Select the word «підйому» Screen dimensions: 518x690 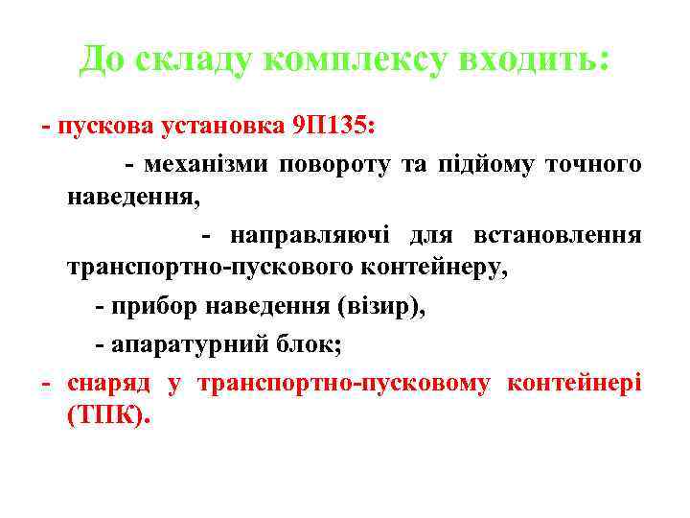click(x=485, y=165)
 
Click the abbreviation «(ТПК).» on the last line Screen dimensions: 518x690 click(x=109, y=416)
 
